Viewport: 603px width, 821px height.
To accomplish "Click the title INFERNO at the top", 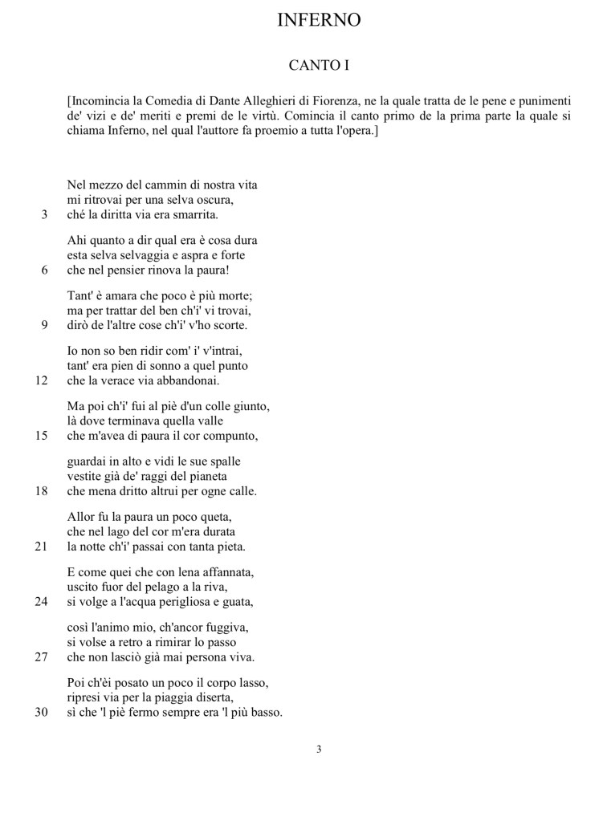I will (x=319, y=21).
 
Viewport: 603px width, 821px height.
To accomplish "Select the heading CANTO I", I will (x=319, y=65).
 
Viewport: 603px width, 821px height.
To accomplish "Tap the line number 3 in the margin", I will (x=44, y=214).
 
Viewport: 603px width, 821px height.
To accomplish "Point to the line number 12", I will (x=42, y=380).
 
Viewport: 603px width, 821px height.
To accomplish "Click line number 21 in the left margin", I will (x=42, y=547).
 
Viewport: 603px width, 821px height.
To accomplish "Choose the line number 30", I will (x=42, y=712).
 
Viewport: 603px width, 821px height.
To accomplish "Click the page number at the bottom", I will (x=319, y=750).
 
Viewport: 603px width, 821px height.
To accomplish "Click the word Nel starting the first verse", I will (x=76, y=185).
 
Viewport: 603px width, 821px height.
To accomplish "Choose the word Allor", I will (x=81, y=518).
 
